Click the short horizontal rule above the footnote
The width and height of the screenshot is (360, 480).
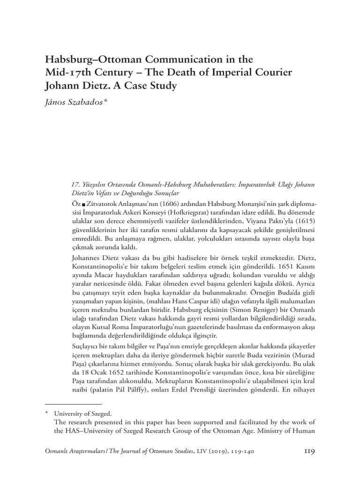tap(73, 404)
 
